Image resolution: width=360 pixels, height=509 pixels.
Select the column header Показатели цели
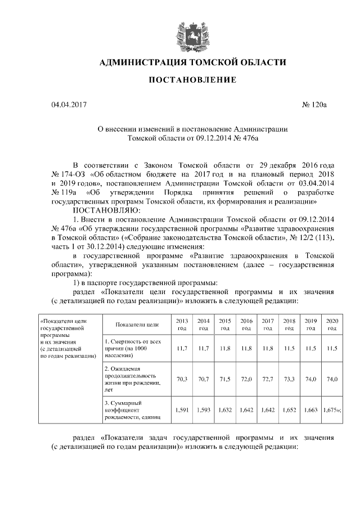pos(136,325)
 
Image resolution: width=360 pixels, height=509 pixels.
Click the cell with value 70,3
pos(182,379)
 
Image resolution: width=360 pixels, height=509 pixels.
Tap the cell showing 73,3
pos(289,379)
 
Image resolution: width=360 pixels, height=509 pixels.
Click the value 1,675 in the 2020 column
pos(331,411)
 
